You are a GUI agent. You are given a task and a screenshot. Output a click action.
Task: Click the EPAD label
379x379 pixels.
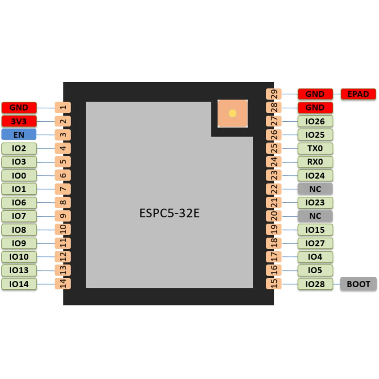pyautogui.click(x=358, y=94)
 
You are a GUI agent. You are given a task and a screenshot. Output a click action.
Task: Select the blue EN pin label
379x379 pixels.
pyautogui.click(x=19, y=135)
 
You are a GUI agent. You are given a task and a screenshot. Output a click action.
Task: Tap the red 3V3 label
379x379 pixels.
pyautogui.click(x=19, y=121)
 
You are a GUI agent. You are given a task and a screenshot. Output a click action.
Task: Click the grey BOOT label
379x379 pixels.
pyautogui.click(x=358, y=284)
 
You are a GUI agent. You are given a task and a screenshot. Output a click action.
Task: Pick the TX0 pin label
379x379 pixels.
pyautogui.click(x=315, y=148)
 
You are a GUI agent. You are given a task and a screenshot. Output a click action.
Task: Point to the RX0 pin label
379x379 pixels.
pyautogui.click(x=315, y=162)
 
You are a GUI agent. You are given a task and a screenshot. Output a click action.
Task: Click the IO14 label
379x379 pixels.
pyautogui.click(x=19, y=284)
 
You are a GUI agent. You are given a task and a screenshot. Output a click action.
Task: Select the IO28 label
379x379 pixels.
pyautogui.click(x=315, y=284)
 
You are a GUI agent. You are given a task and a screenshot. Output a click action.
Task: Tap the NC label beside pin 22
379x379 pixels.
pyautogui.click(x=315, y=189)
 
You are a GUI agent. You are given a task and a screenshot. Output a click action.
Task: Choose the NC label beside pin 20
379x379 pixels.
pyautogui.click(x=315, y=216)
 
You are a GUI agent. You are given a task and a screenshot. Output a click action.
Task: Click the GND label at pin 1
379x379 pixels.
pyautogui.click(x=19, y=108)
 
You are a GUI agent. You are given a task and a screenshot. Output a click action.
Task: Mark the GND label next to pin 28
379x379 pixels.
pyautogui.click(x=315, y=108)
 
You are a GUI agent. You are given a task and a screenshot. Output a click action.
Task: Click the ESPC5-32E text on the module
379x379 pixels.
pyautogui.click(x=169, y=213)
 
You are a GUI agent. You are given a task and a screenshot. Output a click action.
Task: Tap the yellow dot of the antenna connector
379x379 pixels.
pyautogui.click(x=232, y=113)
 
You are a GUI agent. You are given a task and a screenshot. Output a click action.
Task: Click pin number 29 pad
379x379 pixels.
pyautogui.click(x=273, y=94)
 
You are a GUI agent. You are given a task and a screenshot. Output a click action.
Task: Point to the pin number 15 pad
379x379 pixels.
pyautogui.click(x=273, y=284)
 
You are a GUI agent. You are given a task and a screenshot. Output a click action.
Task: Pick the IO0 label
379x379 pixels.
pyautogui.click(x=19, y=175)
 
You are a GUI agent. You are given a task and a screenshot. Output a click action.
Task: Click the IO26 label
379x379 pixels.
pyautogui.click(x=315, y=121)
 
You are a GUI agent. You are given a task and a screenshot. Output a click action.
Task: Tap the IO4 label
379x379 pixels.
pyautogui.click(x=315, y=257)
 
